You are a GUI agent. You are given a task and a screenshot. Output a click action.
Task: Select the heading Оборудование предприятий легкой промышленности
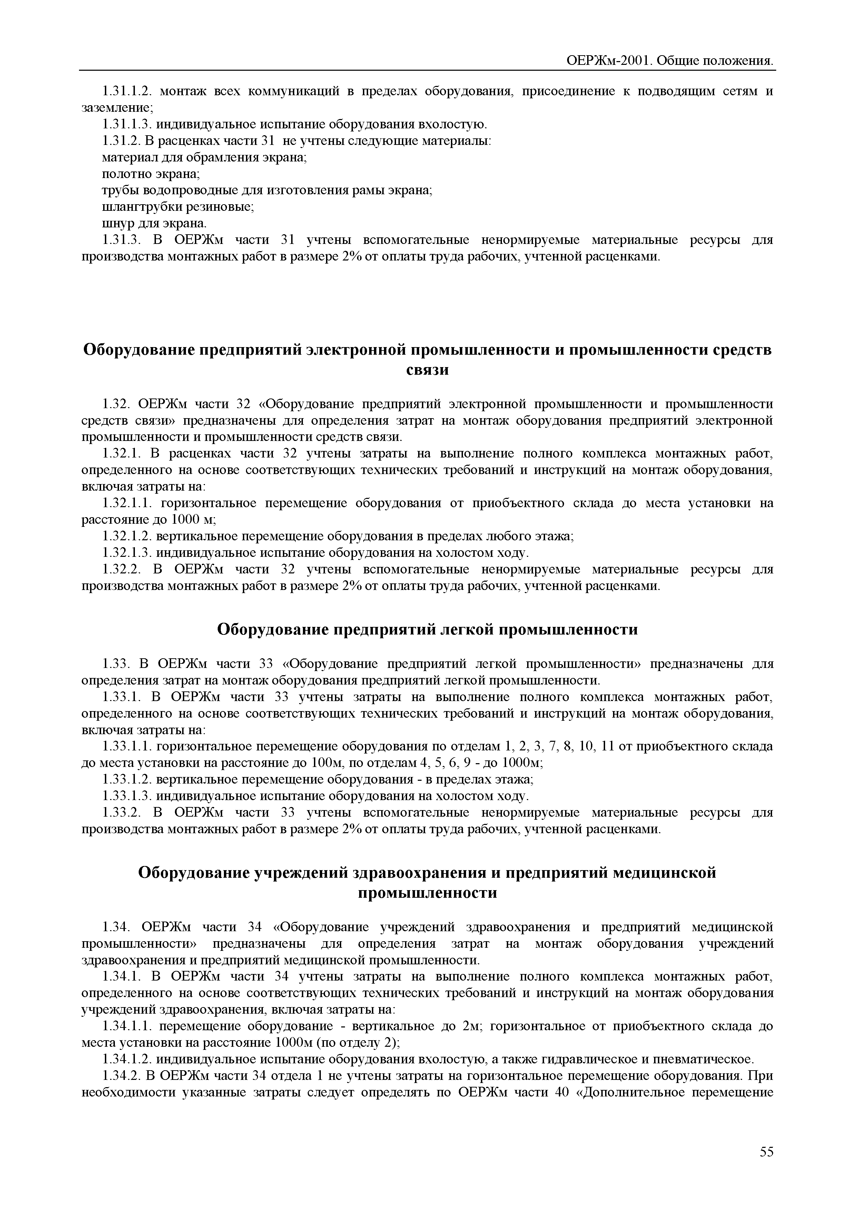tap(428, 630)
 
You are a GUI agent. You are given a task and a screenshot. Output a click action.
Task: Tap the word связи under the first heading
tap(428, 370)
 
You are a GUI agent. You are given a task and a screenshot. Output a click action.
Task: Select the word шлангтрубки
tap(143, 207)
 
